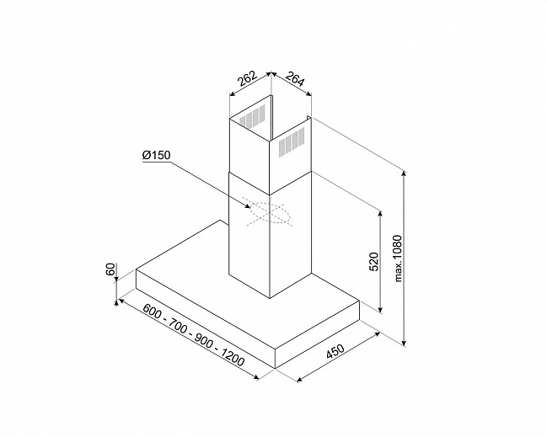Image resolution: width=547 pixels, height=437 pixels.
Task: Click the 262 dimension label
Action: [247, 78]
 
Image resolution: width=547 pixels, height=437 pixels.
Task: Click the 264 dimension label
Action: [295, 79]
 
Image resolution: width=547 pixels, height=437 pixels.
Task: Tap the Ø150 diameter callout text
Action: [157, 155]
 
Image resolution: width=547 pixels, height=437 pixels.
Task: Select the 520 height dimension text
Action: [373, 261]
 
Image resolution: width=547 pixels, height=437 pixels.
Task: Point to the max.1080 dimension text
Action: [398, 258]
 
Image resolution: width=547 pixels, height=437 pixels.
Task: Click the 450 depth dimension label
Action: [335, 351]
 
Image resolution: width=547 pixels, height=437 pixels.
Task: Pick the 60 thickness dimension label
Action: [110, 269]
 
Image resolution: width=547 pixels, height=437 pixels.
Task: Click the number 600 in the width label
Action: [152, 311]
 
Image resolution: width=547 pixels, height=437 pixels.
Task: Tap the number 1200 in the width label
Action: [233, 356]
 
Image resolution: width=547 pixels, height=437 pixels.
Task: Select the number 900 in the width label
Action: [203, 340]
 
